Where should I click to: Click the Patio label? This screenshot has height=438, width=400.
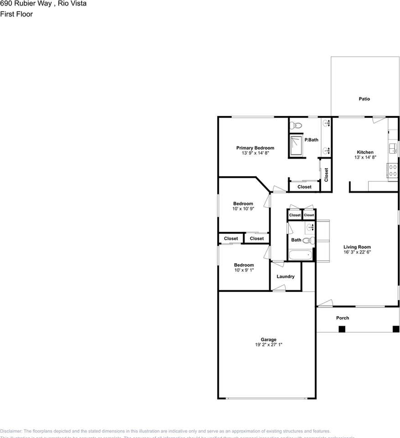coord(364,99)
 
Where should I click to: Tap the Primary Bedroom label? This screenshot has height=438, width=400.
coord(255,148)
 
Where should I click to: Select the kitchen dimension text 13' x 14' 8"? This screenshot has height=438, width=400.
coord(365,157)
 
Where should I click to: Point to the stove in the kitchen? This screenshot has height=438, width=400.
coord(392,170)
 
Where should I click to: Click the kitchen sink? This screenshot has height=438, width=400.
coord(393,148)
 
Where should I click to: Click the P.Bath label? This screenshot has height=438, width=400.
coord(312,140)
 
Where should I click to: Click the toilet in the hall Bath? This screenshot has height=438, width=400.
coord(307,240)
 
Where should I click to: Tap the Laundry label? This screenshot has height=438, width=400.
coord(286,276)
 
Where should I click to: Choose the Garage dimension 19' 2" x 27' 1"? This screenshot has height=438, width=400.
coord(269,345)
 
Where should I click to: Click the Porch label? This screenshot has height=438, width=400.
coord(343,318)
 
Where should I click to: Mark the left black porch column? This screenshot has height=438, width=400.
coord(342,329)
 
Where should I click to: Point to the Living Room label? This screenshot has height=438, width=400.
coord(357,247)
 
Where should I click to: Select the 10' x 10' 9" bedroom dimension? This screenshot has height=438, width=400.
coord(243,209)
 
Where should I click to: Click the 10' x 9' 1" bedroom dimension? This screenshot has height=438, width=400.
coord(244,270)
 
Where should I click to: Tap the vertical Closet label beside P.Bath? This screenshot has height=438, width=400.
coord(326,175)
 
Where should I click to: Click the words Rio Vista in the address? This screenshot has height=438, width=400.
coord(72,4)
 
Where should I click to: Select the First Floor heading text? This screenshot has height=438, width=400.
coord(16,14)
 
